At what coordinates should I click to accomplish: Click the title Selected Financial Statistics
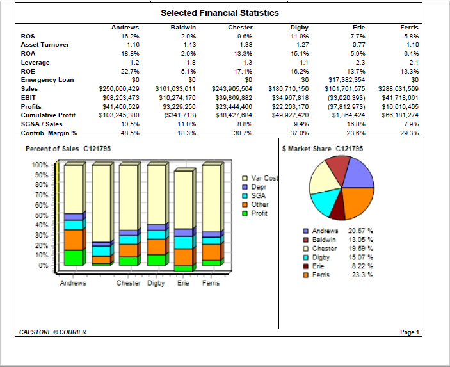[x=220, y=13]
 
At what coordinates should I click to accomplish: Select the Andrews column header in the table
[x=125, y=28]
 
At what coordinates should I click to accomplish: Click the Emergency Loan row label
[x=47, y=80]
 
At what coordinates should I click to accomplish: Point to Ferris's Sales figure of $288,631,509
[x=399, y=89]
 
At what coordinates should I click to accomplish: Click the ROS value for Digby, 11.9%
[x=300, y=37]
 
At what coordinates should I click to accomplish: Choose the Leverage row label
[x=35, y=63]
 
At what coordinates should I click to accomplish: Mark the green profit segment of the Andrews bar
[x=74, y=257]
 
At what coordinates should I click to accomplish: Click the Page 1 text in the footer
[x=409, y=332]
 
